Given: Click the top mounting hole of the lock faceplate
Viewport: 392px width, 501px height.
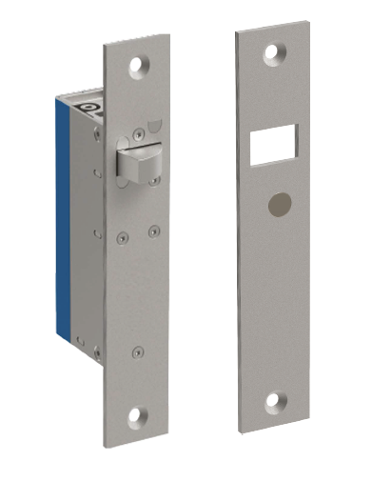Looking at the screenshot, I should [x=139, y=66].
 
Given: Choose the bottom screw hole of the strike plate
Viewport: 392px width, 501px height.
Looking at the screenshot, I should [x=274, y=402].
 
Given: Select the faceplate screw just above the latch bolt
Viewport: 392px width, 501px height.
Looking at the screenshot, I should [x=139, y=133].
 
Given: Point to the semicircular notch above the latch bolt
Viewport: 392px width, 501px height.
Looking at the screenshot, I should [x=156, y=125].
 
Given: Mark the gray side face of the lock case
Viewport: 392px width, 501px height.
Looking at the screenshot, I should [x=88, y=267].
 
